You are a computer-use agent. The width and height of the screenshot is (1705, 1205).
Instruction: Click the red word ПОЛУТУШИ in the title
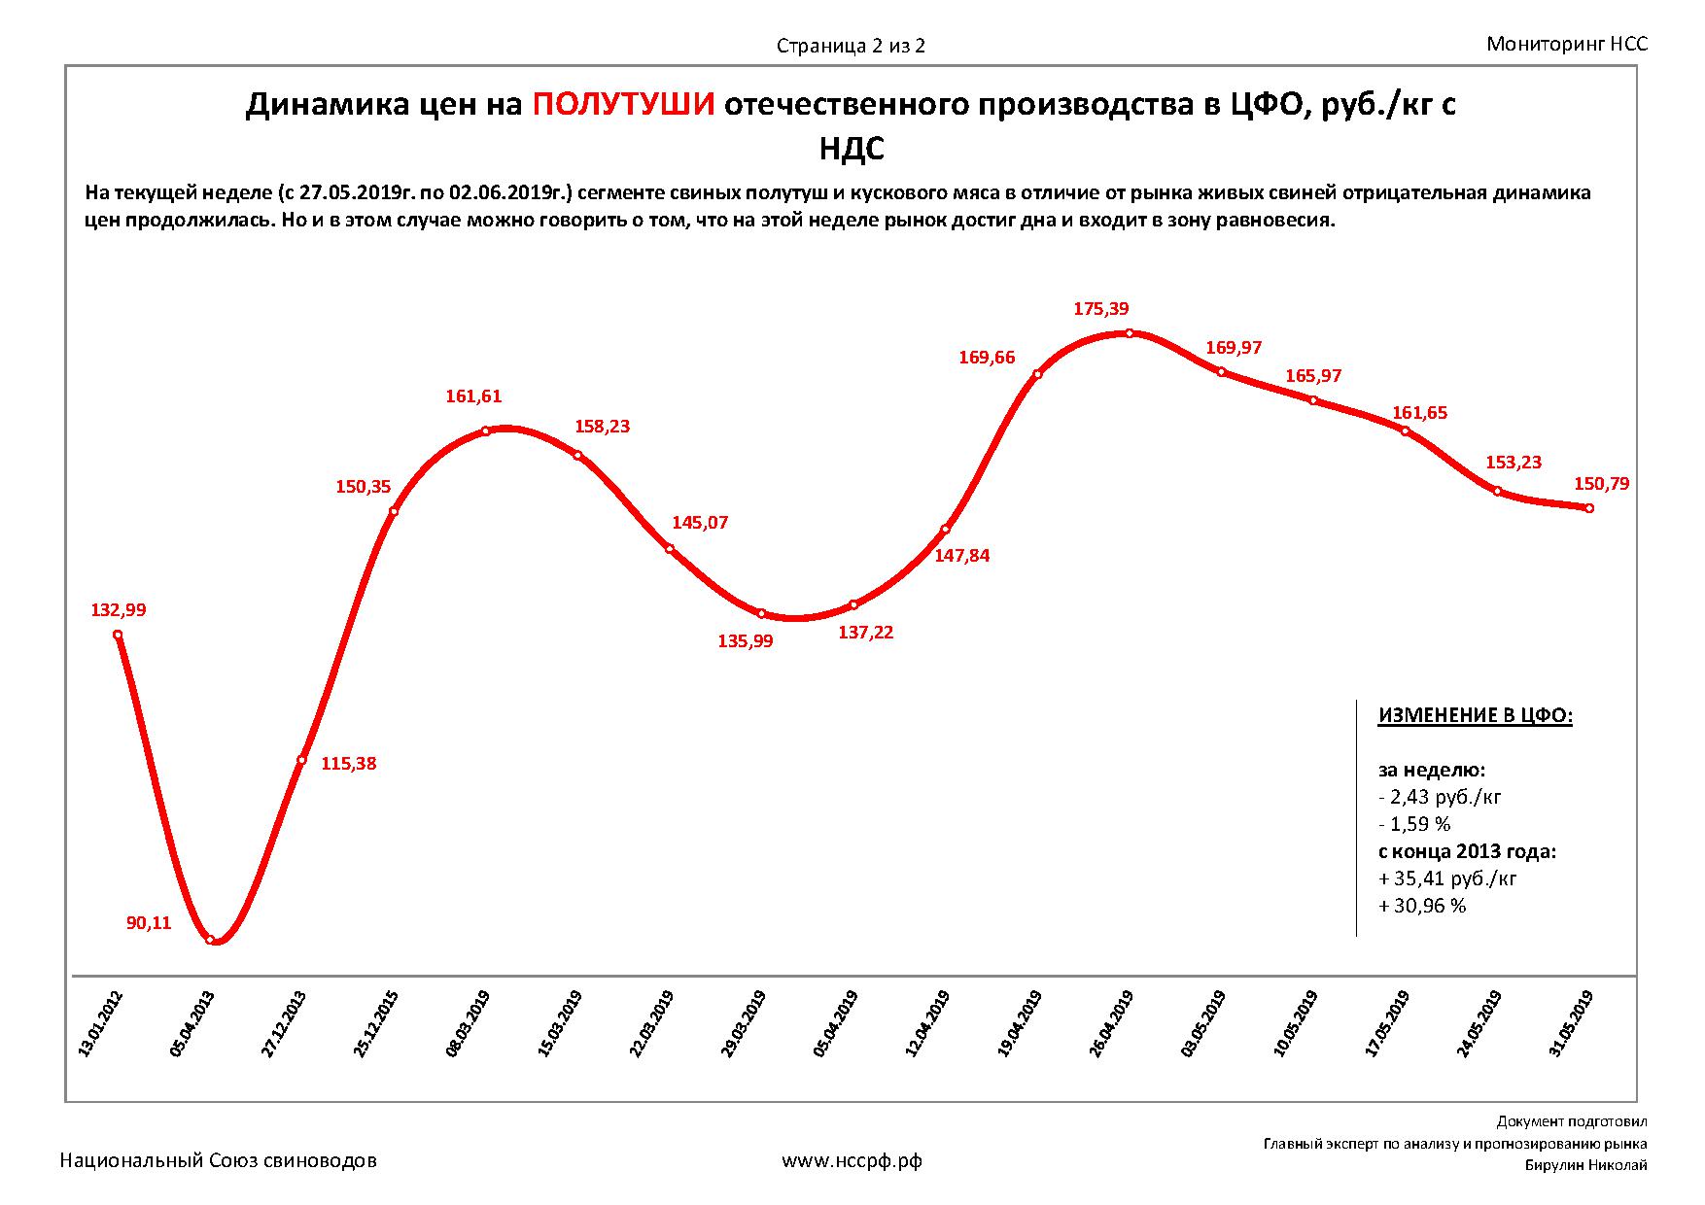tap(624, 105)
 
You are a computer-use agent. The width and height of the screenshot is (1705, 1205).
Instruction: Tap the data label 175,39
tap(1101, 309)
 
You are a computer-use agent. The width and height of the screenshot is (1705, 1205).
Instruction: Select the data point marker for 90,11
tap(211, 940)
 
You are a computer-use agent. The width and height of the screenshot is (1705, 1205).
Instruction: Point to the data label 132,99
tap(118, 610)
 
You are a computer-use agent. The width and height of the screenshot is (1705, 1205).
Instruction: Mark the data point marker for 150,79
tap(1588, 508)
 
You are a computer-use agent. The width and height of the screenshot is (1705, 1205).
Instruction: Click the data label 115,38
tap(348, 764)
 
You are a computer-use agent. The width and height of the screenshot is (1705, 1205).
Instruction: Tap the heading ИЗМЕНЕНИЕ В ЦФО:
tap(1475, 716)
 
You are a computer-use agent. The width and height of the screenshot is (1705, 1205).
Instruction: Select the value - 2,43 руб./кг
tap(1440, 798)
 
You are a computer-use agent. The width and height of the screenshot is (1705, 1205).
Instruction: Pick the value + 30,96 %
tap(1421, 906)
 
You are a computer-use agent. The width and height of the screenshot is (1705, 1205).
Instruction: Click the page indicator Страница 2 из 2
tap(851, 46)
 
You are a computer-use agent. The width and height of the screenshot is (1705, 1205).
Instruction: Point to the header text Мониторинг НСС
tap(1567, 44)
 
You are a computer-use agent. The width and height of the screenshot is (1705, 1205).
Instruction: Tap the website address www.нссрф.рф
tap(852, 1160)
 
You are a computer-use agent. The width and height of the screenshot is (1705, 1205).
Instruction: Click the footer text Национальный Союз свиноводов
tap(219, 1160)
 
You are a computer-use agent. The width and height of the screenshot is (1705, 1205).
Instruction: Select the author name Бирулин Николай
tap(1586, 1166)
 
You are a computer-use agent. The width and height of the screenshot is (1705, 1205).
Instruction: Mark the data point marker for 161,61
tap(486, 430)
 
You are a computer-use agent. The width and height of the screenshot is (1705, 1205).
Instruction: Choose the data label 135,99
tap(745, 641)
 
